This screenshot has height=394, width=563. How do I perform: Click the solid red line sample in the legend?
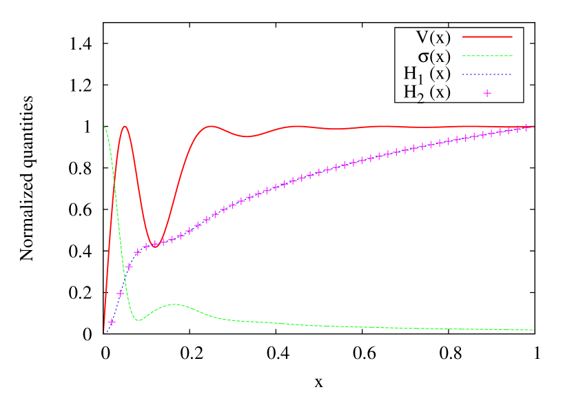click(487, 37)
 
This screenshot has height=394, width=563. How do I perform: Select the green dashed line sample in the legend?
click(487, 56)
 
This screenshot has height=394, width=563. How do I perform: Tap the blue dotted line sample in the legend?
click(487, 74)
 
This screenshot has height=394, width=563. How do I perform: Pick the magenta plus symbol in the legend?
click(487, 93)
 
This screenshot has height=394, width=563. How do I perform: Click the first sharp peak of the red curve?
click(125, 126)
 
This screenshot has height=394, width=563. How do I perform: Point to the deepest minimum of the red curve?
click(154, 245)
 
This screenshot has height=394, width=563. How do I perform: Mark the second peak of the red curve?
click(210, 126)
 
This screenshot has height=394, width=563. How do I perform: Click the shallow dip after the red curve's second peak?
click(246, 136)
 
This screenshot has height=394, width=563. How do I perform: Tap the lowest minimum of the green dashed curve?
click(139, 320)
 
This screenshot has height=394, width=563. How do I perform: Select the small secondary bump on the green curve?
click(176, 304)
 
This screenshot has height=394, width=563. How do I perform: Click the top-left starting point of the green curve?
click(104, 127)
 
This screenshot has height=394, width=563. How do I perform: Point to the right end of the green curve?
click(533, 330)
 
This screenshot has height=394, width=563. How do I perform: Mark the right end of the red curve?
click(533, 127)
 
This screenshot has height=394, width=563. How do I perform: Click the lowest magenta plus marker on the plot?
click(112, 322)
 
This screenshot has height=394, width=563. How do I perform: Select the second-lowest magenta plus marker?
click(121, 293)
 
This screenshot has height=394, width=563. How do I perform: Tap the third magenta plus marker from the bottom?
click(129, 267)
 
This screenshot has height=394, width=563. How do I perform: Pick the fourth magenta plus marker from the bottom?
click(138, 252)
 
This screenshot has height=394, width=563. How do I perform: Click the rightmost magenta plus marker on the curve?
click(526, 127)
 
